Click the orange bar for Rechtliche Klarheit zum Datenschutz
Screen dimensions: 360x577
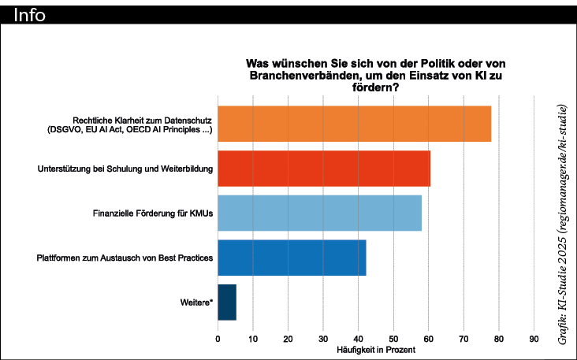click(354, 124)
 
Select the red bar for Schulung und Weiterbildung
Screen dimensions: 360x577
click(324, 169)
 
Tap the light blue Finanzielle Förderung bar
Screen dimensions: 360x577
click(319, 213)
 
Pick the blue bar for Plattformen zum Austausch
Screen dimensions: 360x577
click(292, 258)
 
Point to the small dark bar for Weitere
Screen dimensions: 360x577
click(227, 302)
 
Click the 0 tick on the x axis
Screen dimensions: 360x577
click(218, 339)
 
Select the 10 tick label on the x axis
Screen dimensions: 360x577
click(253, 339)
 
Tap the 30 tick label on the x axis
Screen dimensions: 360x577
click(323, 339)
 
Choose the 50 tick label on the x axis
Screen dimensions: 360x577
click(393, 339)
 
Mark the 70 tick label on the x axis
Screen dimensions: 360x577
click(463, 339)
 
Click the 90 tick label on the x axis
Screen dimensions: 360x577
click(534, 339)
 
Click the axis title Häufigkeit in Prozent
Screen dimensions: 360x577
click(375, 349)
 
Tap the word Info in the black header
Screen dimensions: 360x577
click(30, 14)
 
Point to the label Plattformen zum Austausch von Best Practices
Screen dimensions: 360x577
click(125, 258)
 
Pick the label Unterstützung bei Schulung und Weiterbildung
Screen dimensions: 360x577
click(125, 169)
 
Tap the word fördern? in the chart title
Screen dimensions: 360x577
click(374, 87)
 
